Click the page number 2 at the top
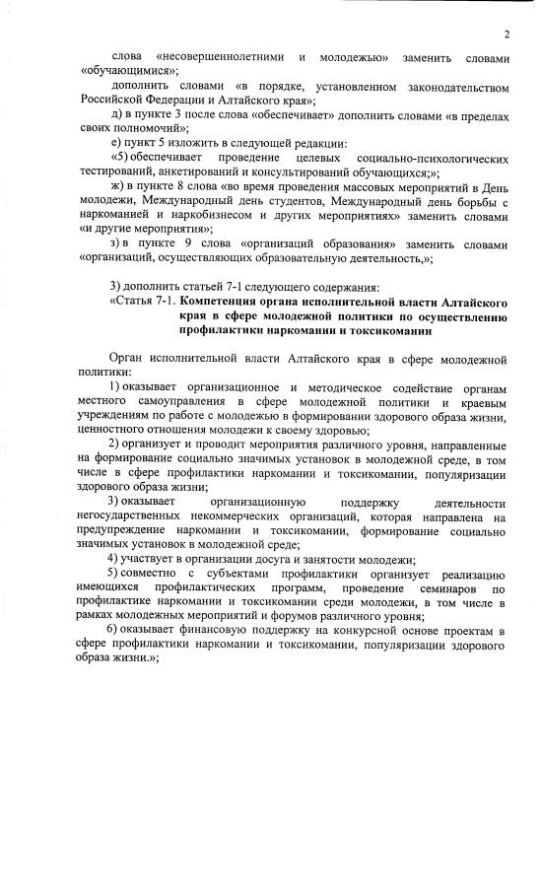click(505, 35)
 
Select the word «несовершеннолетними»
click(219, 57)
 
